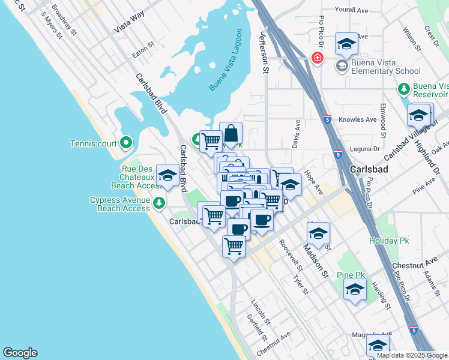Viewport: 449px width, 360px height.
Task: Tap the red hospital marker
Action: point(316,58)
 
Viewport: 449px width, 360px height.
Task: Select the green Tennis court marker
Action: point(125,143)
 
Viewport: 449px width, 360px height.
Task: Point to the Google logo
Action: point(20,353)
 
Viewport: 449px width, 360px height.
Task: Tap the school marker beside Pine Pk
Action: point(355,289)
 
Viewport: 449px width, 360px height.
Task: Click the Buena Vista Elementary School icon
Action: point(342,65)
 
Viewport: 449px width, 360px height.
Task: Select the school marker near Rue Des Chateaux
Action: point(167,175)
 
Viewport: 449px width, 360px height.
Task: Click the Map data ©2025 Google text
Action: point(411,355)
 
